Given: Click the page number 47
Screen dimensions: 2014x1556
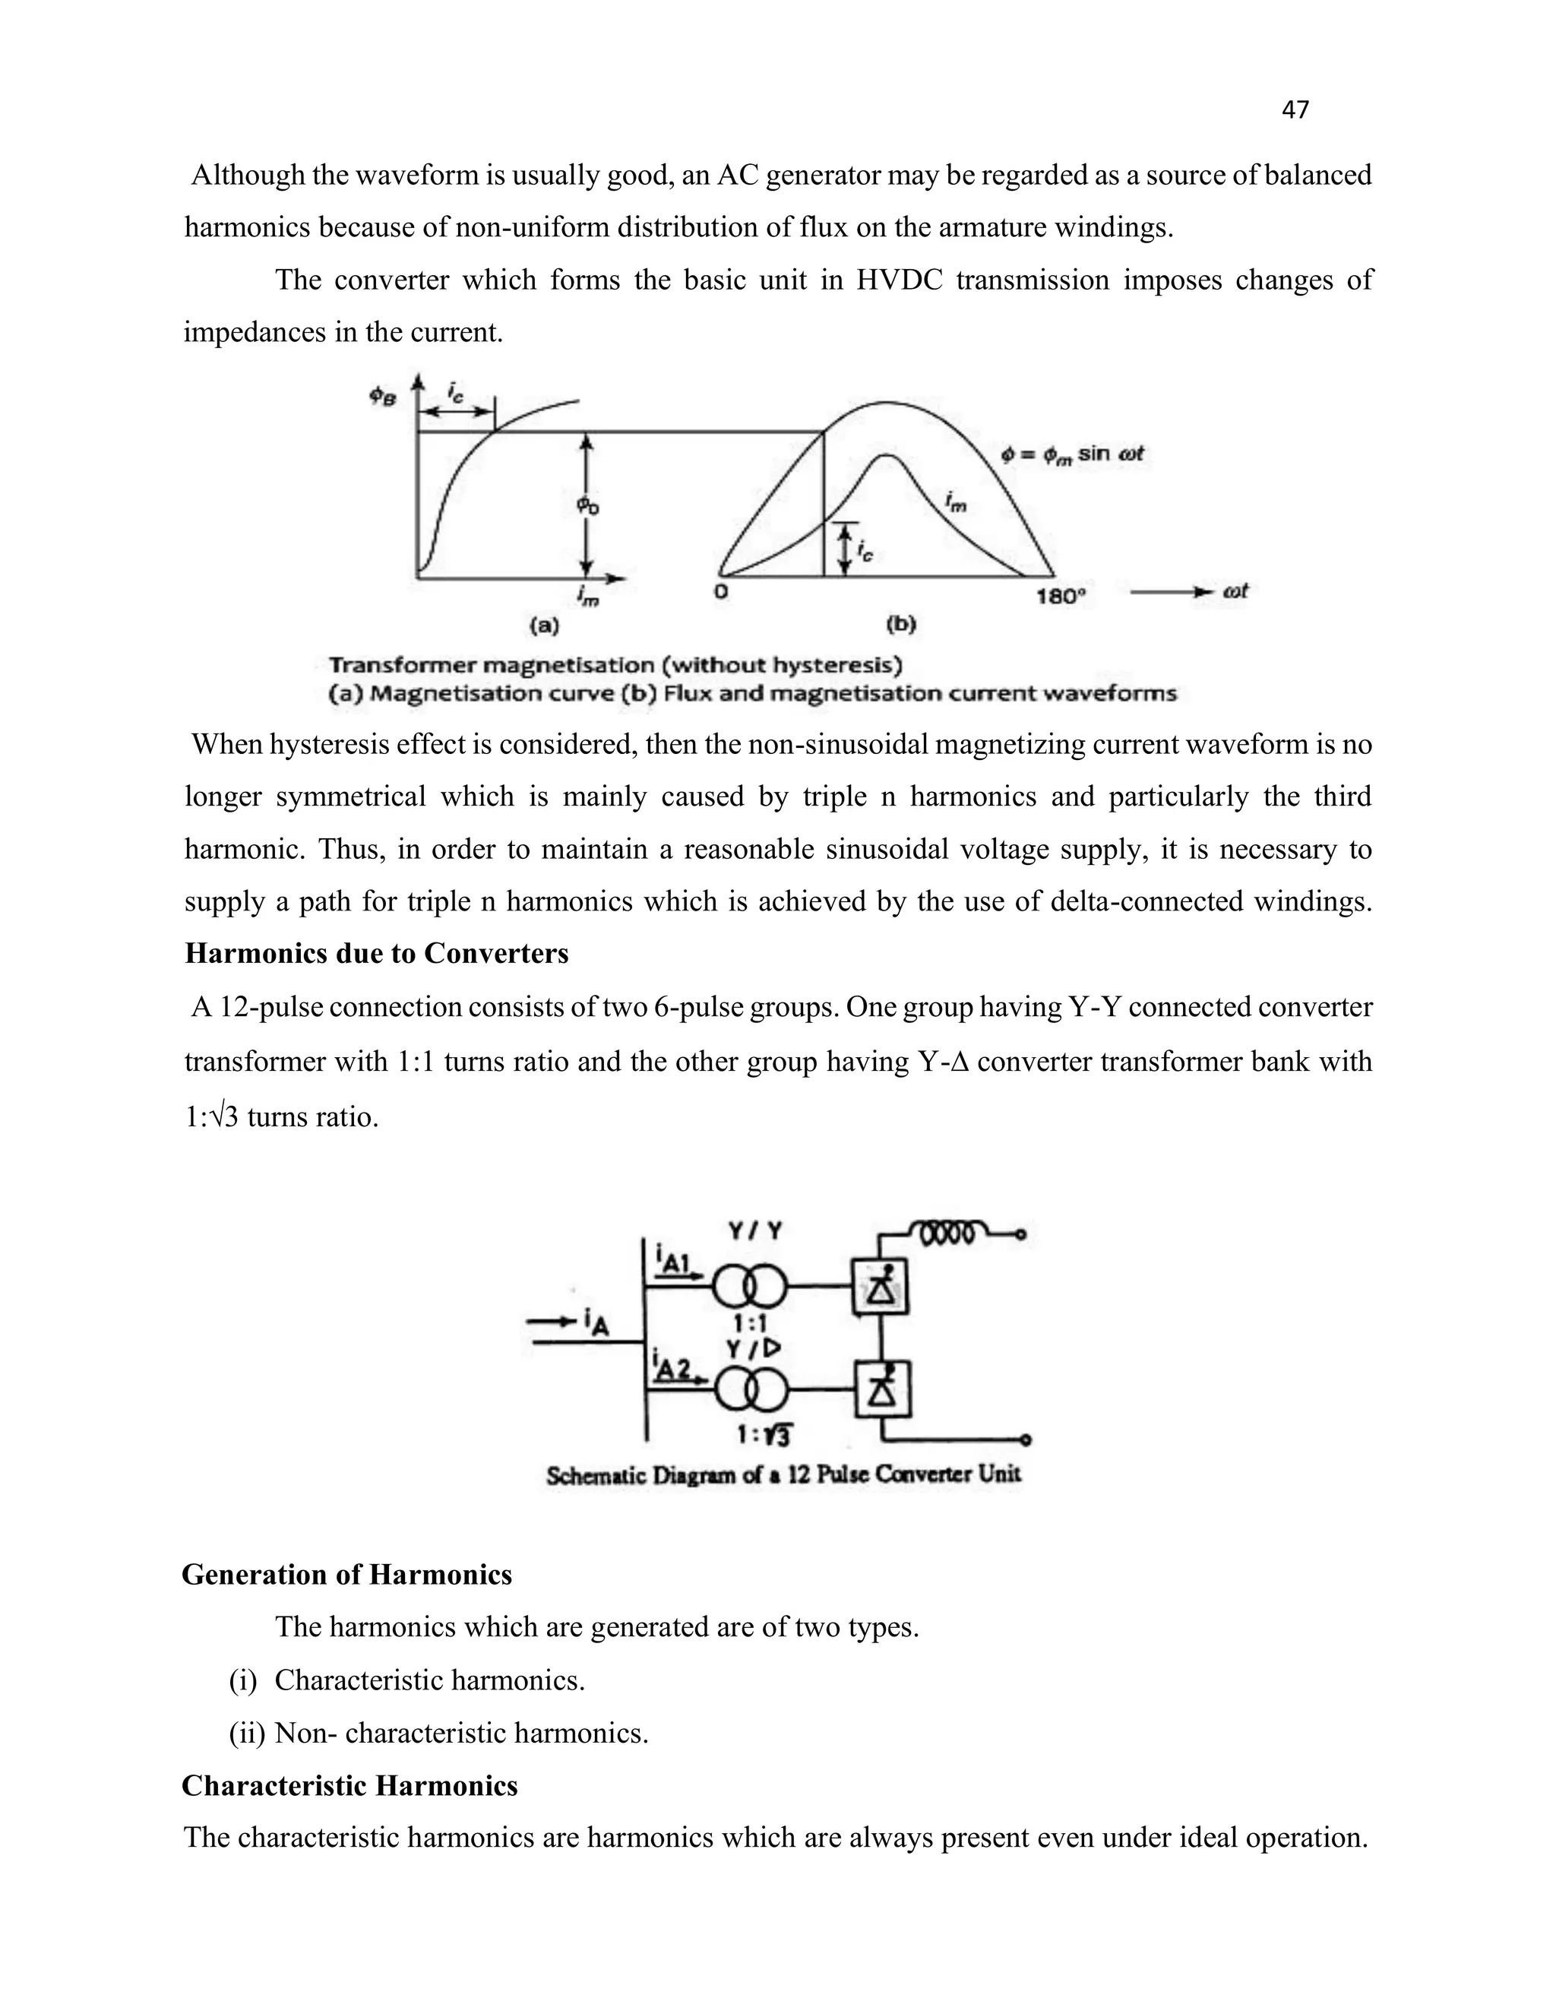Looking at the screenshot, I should coord(1295,109).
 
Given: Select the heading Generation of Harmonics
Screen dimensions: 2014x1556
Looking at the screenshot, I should coord(346,1574).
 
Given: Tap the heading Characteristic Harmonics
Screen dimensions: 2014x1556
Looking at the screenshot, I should coord(349,1786).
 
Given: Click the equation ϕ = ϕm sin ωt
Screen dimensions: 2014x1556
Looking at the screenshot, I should coord(1073,454).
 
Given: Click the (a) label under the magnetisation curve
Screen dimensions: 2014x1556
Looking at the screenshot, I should coord(544,626).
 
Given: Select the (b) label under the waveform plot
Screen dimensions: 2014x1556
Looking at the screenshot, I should coord(900,626).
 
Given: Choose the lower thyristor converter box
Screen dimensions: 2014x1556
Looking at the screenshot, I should coord(883,1390).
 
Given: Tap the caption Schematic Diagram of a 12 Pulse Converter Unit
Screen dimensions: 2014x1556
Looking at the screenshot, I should coord(783,1474).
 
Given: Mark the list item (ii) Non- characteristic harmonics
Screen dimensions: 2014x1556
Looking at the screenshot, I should coord(439,1734).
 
